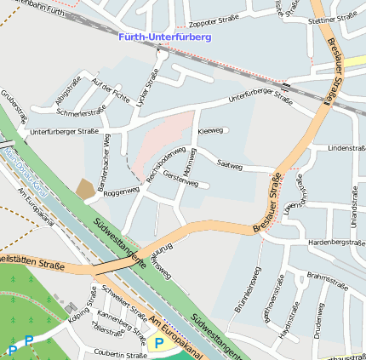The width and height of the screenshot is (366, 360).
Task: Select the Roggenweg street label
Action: pos(121,192)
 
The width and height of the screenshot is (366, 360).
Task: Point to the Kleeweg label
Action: pos(209,131)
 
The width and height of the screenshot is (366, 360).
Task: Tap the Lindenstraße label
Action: pos(346,148)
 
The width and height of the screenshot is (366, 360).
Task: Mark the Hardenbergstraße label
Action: pos(336,243)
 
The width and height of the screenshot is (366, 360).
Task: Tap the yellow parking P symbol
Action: pos(157,343)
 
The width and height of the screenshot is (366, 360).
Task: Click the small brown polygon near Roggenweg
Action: pos(86,189)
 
